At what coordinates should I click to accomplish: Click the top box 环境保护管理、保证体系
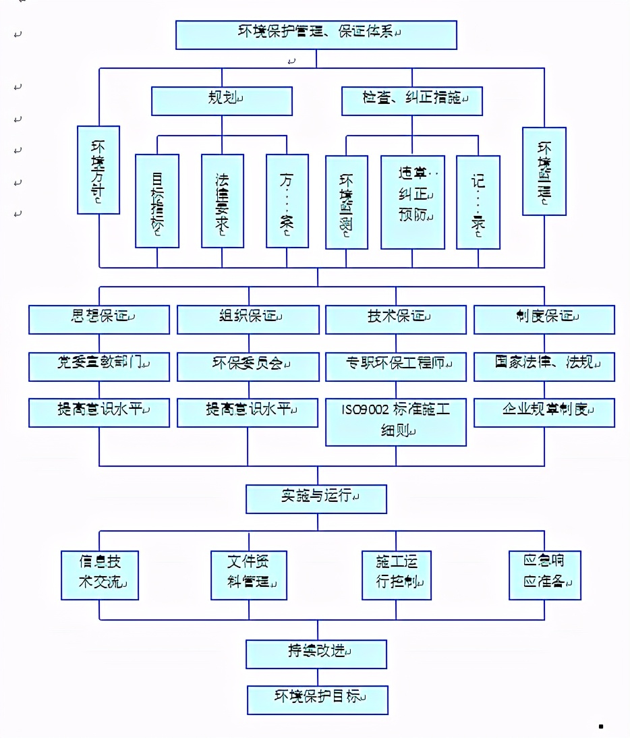(x=316, y=34)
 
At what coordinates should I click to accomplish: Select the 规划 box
(x=222, y=101)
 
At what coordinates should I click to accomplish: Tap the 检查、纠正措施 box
(x=411, y=101)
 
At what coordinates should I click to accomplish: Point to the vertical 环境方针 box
(x=98, y=170)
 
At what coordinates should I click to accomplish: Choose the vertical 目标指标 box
(x=157, y=201)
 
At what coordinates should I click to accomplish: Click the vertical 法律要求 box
(x=223, y=201)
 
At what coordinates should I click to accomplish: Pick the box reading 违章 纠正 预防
(x=413, y=201)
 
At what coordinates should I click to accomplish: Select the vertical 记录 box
(x=478, y=201)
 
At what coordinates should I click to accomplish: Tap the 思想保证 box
(x=98, y=319)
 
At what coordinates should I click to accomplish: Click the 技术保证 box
(x=396, y=319)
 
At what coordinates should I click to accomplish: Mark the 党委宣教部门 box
(x=98, y=366)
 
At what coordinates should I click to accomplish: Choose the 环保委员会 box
(x=248, y=366)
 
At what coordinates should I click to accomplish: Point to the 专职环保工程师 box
(x=396, y=366)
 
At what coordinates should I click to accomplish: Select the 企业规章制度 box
(x=544, y=412)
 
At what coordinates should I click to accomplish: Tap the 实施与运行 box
(x=316, y=499)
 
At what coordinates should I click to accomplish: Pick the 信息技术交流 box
(x=100, y=575)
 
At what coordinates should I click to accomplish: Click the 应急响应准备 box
(x=544, y=575)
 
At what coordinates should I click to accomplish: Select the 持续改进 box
(x=316, y=654)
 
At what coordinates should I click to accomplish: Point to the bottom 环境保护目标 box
(x=317, y=700)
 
